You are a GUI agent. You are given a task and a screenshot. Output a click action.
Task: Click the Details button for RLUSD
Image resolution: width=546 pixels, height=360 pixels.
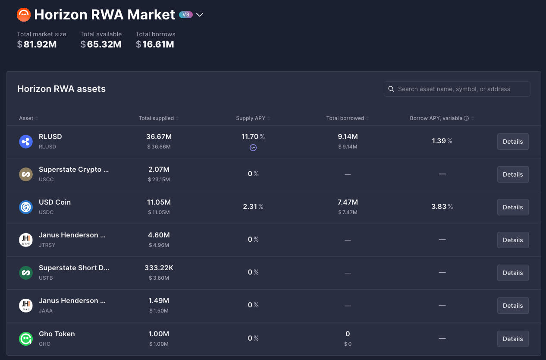click(513, 142)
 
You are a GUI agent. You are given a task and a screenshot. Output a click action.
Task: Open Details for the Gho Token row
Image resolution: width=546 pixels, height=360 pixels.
click(513, 339)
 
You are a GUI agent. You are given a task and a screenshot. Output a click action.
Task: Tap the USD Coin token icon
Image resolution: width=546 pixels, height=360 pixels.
click(26, 207)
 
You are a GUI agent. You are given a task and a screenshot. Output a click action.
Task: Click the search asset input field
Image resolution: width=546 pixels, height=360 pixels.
click(457, 89)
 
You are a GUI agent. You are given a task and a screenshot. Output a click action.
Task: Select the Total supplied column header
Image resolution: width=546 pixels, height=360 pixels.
click(156, 118)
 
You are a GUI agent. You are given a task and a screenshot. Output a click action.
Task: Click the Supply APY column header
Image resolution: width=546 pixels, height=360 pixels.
click(251, 118)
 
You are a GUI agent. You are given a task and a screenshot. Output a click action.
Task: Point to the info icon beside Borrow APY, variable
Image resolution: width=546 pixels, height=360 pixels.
click(466, 118)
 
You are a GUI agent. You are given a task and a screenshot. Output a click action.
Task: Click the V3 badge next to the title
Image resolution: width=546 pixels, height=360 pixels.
click(186, 15)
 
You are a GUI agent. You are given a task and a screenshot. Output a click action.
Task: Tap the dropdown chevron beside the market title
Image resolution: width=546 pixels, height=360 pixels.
click(200, 15)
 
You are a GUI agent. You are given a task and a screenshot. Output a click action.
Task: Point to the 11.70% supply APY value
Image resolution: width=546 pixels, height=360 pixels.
click(253, 137)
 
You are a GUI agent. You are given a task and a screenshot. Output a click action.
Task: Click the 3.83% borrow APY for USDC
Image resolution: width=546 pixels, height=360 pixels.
click(442, 207)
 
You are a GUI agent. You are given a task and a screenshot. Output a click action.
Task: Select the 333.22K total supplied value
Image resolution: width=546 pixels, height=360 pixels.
click(159, 268)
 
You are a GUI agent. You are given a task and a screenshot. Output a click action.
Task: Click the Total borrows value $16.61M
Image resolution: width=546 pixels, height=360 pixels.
click(155, 44)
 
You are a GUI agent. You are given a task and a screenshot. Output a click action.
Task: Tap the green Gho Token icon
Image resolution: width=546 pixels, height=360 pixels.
click(26, 339)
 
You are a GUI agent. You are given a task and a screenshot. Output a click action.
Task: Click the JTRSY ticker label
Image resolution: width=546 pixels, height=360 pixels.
click(47, 245)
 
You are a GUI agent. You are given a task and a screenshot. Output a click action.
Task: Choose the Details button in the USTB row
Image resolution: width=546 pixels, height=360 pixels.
click(513, 273)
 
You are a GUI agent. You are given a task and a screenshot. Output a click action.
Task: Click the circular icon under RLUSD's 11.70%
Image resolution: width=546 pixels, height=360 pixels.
click(253, 148)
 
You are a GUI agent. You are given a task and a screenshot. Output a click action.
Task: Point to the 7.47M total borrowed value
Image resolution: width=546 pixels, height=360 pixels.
click(348, 202)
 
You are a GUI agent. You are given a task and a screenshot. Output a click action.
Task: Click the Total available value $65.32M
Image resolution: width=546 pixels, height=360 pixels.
click(101, 44)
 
